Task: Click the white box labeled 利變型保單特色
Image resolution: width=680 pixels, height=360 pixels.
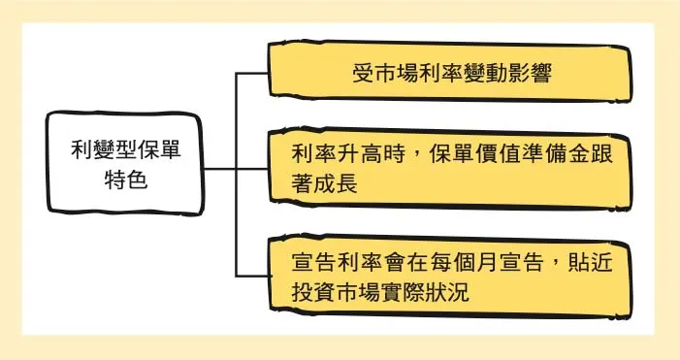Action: pos(125,164)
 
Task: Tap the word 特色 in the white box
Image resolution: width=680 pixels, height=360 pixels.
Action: pos(125,180)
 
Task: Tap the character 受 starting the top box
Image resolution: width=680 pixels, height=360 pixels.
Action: pos(362,74)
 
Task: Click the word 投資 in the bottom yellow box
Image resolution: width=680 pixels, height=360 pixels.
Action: pos(314,291)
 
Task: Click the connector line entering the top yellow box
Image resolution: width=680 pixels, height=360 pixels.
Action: pos(254,73)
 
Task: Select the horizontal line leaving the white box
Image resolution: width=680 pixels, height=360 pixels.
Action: pos(219,168)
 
